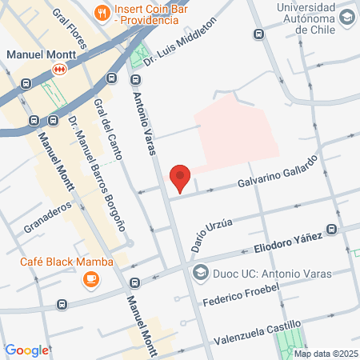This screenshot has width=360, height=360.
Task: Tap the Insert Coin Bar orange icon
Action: click(x=102, y=11)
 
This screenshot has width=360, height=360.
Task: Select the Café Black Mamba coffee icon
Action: click(x=90, y=278)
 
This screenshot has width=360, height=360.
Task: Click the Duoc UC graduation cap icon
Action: click(x=201, y=270)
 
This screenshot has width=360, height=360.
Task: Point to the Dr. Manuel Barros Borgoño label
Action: click(x=97, y=173)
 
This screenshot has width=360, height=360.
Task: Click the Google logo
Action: click(x=26, y=350)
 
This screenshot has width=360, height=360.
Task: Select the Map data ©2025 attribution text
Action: click(x=324, y=354)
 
